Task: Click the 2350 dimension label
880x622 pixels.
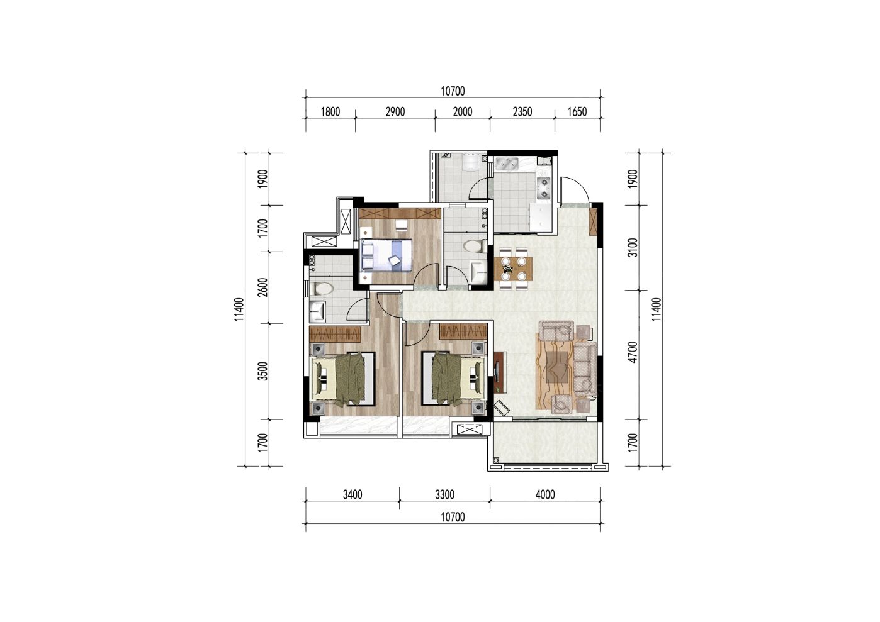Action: pyautogui.click(x=522, y=112)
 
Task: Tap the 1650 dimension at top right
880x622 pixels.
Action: pyautogui.click(x=577, y=112)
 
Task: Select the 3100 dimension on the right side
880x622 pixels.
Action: pyautogui.click(x=633, y=248)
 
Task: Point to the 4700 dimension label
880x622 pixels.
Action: pyautogui.click(x=633, y=352)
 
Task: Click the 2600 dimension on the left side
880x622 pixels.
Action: pyautogui.click(x=263, y=287)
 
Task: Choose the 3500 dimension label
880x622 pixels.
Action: pyautogui.click(x=263, y=371)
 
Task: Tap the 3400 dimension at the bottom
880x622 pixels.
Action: pyautogui.click(x=353, y=495)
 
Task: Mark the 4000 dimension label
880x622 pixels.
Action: pyautogui.click(x=545, y=495)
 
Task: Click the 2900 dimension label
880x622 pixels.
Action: pyautogui.click(x=395, y=112)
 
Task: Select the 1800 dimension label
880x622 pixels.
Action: pyautogui.click(x=330, y=112)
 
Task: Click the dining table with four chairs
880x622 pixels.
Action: pyautogui.click(x=512, y=269)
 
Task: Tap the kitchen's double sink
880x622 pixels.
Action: pyautogui.click(x=507, y=164)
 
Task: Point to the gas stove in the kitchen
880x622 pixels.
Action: pyautogui.click(x=543, y=188)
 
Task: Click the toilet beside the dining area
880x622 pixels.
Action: pyautogui.click(x=473, y=247)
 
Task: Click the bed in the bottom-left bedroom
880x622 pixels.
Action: pyautogui.click(x=343, y=379)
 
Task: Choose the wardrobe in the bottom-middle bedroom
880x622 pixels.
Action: pyautogui.click(x=463, y=332)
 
